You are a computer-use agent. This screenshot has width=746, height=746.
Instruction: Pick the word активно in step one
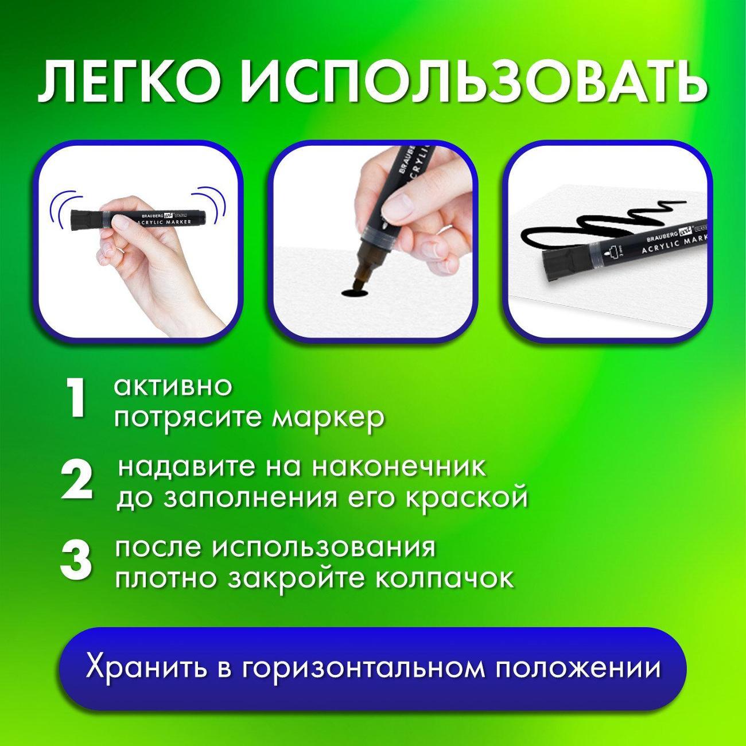click(173, 386)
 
